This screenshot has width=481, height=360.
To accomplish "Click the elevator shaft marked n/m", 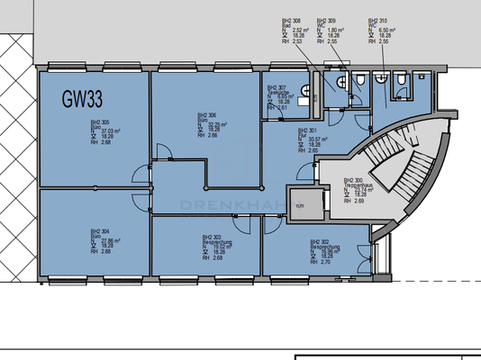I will tap(300, 204).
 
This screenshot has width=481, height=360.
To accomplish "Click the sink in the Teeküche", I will tap(305, 89).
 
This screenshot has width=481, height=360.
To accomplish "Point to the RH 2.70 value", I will tap(323, 262).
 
